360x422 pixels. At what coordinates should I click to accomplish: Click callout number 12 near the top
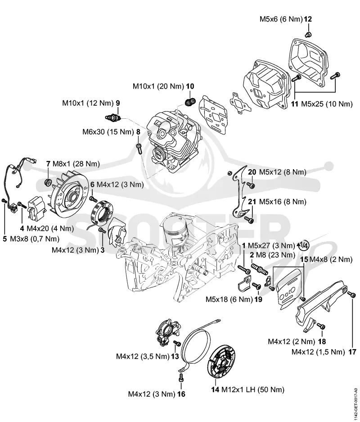pos(308,19)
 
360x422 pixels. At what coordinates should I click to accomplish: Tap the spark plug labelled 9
pos(112,117)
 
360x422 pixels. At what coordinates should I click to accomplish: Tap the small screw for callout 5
pos(4,201)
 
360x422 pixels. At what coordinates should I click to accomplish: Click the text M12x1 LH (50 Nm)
pos(252,390)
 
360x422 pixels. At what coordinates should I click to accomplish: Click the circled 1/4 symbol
pos(305,246)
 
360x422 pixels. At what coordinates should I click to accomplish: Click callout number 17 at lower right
pos(352,352)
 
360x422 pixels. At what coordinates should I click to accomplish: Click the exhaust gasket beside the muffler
pos(240,103)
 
